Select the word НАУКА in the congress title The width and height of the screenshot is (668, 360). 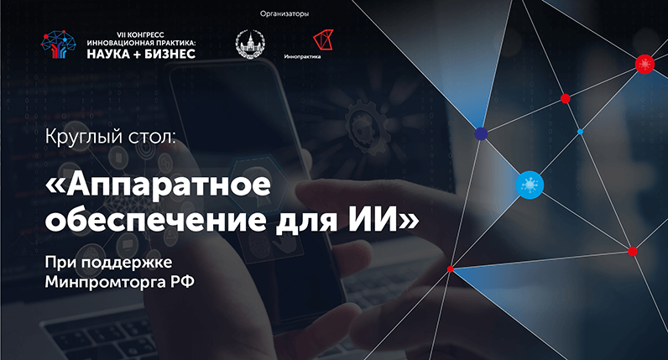103,53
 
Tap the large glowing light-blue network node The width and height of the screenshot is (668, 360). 530,183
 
